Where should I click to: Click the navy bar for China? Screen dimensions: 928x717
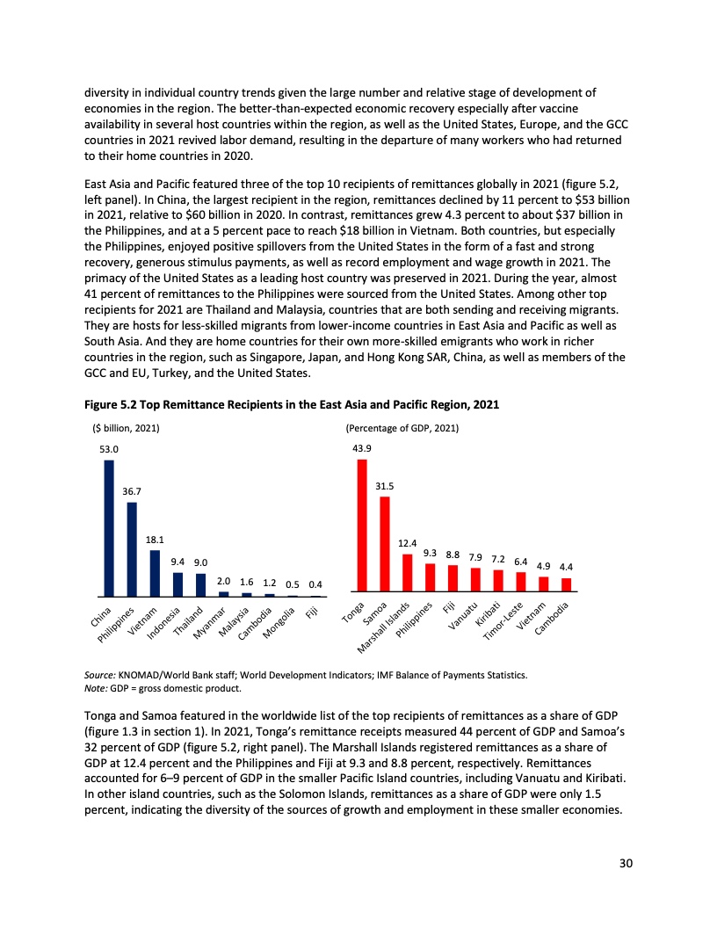(x=109, y=528)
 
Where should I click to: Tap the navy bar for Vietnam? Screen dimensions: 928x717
(x=155, y=573)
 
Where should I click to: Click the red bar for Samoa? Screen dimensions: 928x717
(x=385, y=544)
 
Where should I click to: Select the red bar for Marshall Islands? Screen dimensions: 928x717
(x=408, y=573)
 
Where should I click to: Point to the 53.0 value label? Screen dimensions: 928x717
(x=109, y=448)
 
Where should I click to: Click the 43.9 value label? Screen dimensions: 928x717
(x=362, y=447)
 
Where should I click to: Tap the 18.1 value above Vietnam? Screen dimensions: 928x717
(x=155, y=540)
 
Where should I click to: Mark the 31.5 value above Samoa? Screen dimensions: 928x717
(x=385, y=485)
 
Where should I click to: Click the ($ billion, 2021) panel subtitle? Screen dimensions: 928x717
(x=126, y=428)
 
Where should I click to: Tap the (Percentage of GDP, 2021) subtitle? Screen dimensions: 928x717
(x=402, y=428)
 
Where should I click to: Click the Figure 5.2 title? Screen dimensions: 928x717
(x=292, y=404)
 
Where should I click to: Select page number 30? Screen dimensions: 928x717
(x=625, y=862)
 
